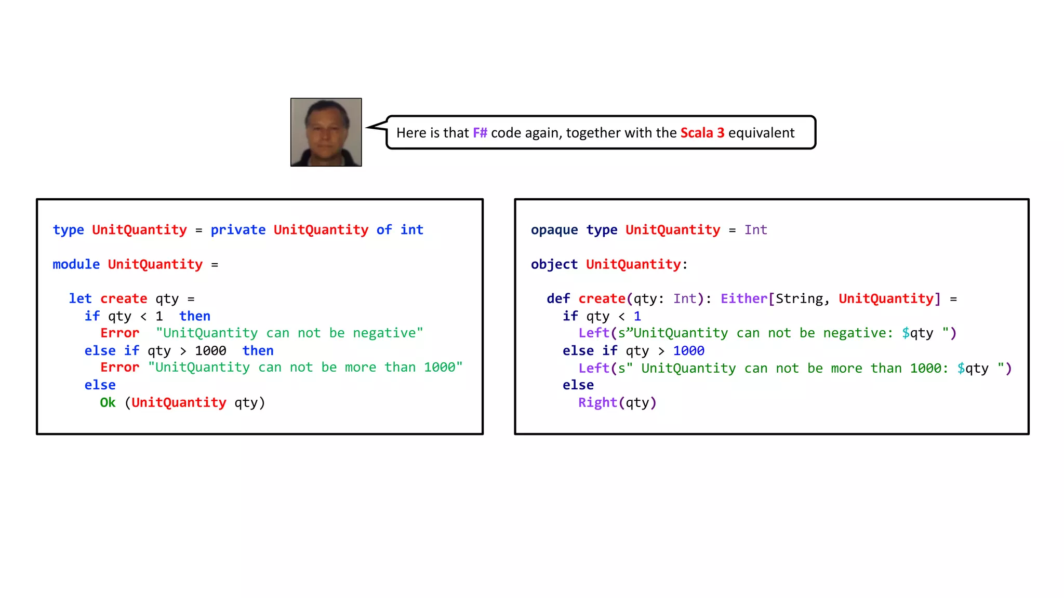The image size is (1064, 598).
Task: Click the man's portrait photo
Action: coord(326,132)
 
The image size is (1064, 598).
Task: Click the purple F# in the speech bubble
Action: coord(480,133)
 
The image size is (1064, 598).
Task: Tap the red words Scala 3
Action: coord(702,133)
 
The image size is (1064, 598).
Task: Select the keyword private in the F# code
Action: coord(238,230)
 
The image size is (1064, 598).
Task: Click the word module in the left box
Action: coord(76,264)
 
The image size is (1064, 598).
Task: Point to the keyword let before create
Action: coord(80,298)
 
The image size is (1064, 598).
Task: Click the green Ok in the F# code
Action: coord(108,403)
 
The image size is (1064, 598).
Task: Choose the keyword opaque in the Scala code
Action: coord(554,230)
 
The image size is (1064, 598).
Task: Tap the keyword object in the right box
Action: coord(554,264)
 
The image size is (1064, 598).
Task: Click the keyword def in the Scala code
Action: coord(558,298)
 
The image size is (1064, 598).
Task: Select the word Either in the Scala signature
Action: coord(743,298)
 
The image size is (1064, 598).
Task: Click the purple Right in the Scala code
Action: coord(597,403)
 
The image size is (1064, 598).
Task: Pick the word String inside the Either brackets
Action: coord(799,298)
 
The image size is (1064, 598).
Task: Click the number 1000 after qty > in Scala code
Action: coord(688,351)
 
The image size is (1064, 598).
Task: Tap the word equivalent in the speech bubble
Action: coord(761,133)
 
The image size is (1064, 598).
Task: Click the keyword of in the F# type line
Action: coord(384,230)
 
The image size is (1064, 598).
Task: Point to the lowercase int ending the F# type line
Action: coord(411,230)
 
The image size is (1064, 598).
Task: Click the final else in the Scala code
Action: coord(578,385)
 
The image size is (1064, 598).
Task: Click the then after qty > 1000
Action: coord(258,351)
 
